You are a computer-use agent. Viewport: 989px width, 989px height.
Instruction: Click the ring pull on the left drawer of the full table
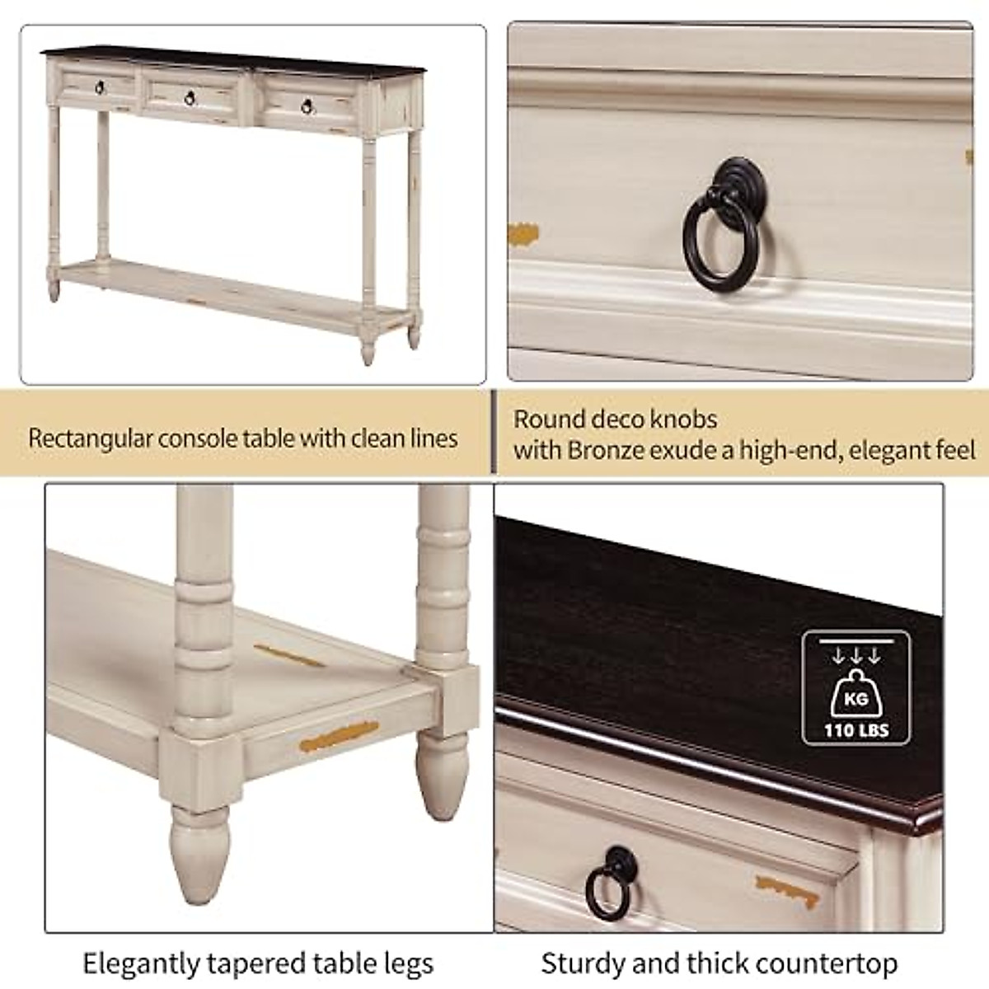coord(100,87)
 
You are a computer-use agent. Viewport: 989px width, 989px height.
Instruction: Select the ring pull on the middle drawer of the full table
coord(189,98)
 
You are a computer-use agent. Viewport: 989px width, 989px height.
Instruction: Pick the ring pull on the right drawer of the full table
coord(307,107)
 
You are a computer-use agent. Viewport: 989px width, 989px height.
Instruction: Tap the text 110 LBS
coord(856,730)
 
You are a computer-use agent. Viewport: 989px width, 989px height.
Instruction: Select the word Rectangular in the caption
coord(90,438)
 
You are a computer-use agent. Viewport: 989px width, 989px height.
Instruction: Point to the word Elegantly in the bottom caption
coord(141,963)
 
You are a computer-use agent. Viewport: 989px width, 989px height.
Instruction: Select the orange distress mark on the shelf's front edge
coord(339,736)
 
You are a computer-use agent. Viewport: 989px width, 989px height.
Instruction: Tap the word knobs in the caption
coord(682,420)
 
